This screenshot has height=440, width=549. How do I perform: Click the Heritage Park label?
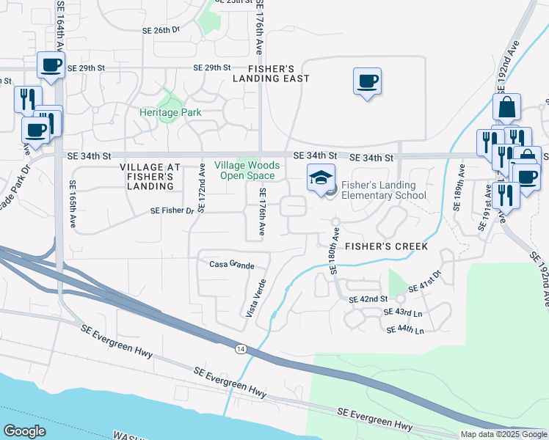(x=170, y=113)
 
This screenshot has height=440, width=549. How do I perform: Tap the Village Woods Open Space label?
(x=244, y=171)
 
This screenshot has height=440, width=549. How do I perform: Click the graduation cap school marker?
(x=321, y=178)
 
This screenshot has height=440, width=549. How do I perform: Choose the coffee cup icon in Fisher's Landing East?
(x=367, y=81)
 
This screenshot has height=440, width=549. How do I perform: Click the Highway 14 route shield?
(x=241, y=349)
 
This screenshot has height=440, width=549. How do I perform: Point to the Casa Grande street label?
(x=231, y=265)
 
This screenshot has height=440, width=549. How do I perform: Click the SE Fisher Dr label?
(x=172, y=211)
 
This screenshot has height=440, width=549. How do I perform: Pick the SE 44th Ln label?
(x=404, y=331)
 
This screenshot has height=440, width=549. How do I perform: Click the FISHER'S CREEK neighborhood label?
(x=387, y=246)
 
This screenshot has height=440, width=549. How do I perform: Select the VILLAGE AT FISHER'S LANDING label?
(x=147, y=177)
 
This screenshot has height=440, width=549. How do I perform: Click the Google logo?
(x=25, y=431)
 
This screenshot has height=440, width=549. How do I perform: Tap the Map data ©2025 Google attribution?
(x=503, y=434)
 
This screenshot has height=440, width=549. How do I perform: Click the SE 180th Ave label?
(x=334, y=252)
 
